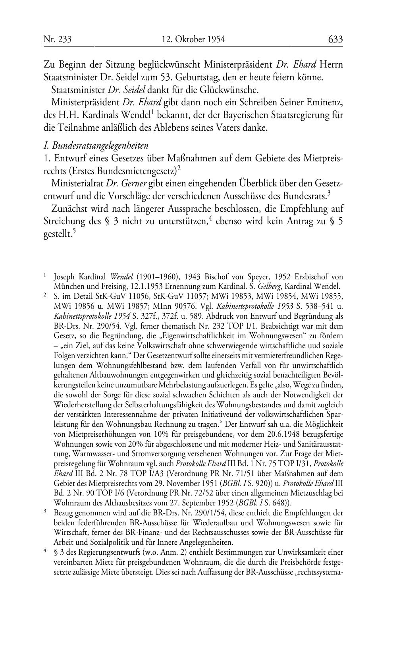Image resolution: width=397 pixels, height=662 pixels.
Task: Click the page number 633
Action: click(335, 39)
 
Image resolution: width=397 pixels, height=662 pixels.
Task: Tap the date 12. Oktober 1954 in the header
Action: click(193, 39)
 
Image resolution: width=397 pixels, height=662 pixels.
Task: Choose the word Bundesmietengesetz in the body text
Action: click(144, 171)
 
